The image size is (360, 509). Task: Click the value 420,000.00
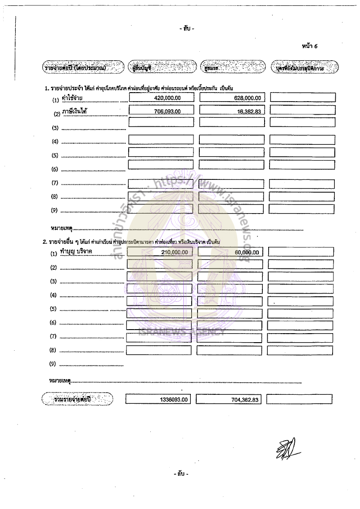(168, 98)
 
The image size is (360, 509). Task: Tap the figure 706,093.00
(167, 111)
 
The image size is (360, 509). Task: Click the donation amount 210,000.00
(174, 253)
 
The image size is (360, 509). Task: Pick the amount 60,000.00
(247, 253)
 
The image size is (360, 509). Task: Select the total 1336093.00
(174, 399)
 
